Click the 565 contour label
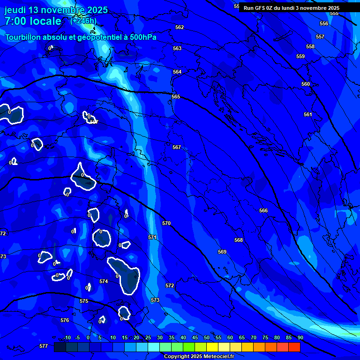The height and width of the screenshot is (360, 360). pyautogui.click(x=176, y=97)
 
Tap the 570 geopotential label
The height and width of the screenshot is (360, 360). pyautogui.click(x=166, y=223)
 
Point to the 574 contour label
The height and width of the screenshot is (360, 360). pyautogui.click(x=104, y=281)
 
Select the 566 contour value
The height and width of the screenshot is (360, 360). pyautogui.click(x=263, y=210)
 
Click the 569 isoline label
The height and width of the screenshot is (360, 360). pyautogui.click(x=222, y=252)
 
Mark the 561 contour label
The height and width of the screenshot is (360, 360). pyautogui.click(x=307, y=114)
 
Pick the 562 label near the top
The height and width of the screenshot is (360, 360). pyautogui.click(x=180, y=27)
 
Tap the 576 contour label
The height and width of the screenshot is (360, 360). pyautogui.click(x=65, y=320)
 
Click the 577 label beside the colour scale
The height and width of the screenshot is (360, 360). pyautogui.click(x=44, y=346)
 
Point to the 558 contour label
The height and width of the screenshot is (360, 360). pyautogui.click(x=310, y=46)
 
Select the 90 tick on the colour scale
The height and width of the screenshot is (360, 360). pyautogui.click(x=300, y=337)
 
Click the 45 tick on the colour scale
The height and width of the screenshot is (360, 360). pyautogui.click(x=195, y=337)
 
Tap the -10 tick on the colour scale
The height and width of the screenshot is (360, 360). pyautogui.click(x=67, y=337)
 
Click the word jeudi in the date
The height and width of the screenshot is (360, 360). pyautogui.click(x=15, y=10)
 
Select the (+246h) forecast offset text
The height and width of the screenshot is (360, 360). pyautogui.click(x=83, y=21)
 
